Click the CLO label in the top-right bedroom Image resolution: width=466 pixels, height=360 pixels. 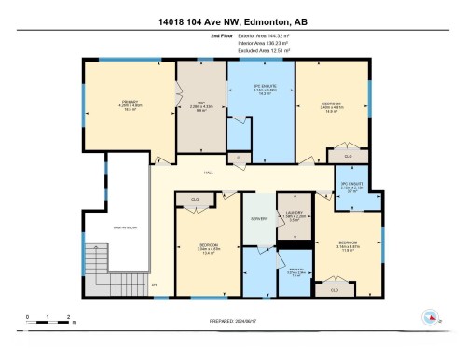coord(347,157)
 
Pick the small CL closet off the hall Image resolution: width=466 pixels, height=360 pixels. coord(239,158)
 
